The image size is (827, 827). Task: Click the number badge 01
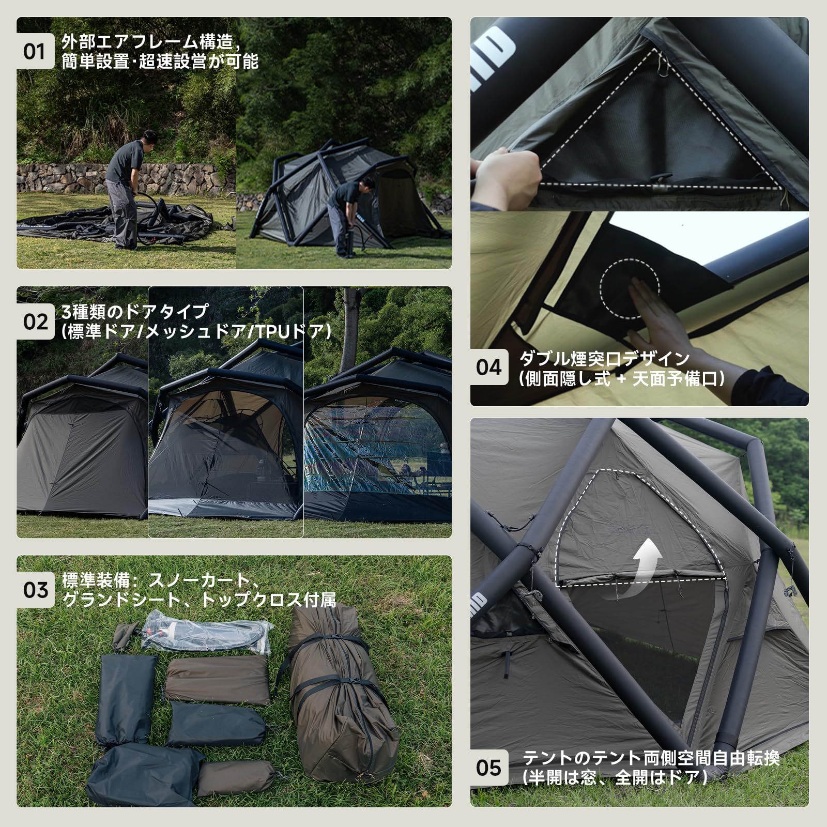pos(35,52)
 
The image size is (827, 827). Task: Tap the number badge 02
pos(35,321)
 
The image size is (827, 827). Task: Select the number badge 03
pos(35,590)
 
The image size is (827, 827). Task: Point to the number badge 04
pos(489,367)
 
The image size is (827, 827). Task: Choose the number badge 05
pos(489,768)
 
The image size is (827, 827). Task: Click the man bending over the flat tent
pos(127,186)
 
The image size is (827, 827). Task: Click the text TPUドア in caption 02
pos(289,331)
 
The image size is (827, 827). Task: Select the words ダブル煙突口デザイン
pos(604,359)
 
